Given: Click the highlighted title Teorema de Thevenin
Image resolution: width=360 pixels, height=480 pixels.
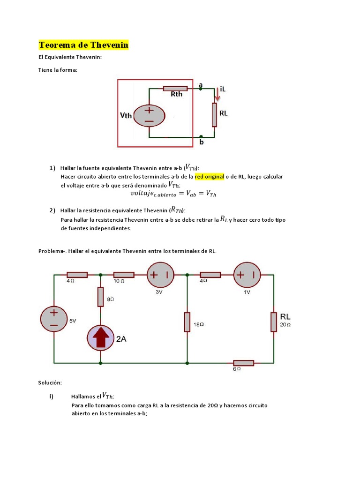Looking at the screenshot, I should pyautogui.click(x=83, y=45).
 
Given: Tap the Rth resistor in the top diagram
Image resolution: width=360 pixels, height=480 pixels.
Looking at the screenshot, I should pyautogui.click(x=175, y=88).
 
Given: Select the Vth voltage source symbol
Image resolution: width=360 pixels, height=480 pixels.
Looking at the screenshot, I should pyautogui.click(x=149, y=115).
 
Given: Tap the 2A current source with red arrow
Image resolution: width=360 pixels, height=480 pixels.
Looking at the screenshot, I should pyautogui.click(x=101, y=337).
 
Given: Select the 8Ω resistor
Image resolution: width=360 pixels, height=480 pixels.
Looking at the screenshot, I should pyautogui.click(x=101, y=297).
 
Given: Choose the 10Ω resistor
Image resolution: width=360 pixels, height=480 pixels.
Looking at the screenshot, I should pyautogui.click(x=124, y=275).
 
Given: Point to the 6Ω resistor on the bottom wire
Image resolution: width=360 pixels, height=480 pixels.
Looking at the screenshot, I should pyautogui.click(x=244, y=362).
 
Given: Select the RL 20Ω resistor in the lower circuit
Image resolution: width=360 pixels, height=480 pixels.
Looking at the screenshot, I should pyautogui.click(x=274, y=322).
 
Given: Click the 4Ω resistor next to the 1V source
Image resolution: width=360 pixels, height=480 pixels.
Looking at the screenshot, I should pyautogui.click(x=210, y=275).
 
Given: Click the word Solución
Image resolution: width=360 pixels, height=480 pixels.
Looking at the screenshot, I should pyautogui.click(x=50, y=383).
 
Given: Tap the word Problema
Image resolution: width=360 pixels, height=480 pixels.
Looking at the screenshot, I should pyautogui.click(x=51, y=251).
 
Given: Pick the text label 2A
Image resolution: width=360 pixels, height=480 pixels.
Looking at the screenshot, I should pyautogui.click(x=121, y=339).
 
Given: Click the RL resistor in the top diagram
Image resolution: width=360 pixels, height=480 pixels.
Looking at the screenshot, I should pyautogui.click(x=214, y=115).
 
